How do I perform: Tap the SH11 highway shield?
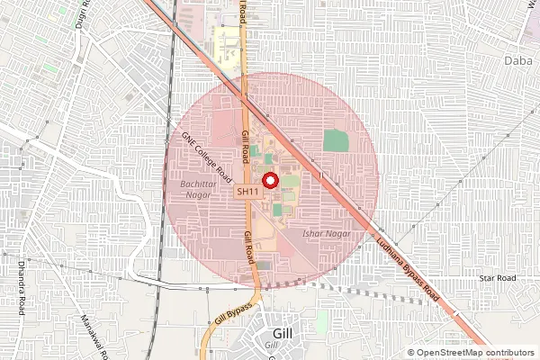coord(249,192)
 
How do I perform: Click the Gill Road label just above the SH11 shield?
coord(245,144)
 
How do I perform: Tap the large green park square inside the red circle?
coord(336,140)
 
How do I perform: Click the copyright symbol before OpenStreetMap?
coord(411,353)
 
